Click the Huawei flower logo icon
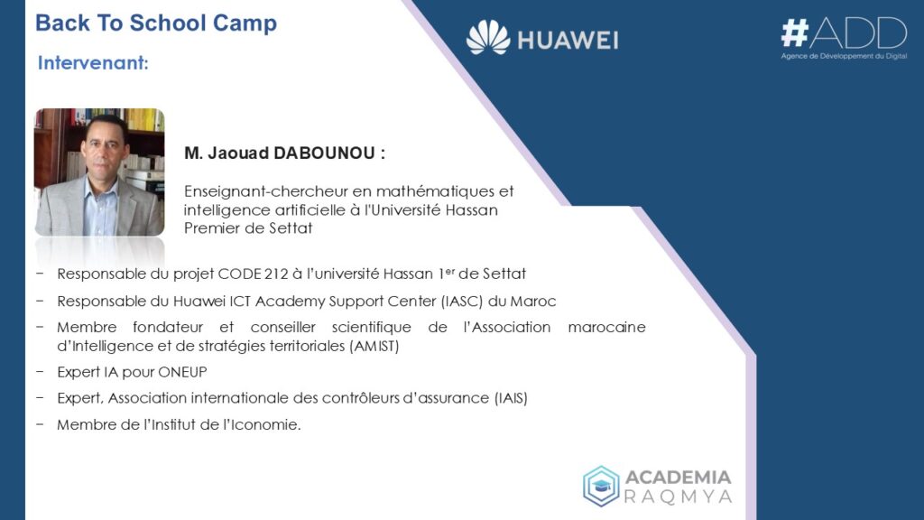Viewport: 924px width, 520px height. (x=488, y=37)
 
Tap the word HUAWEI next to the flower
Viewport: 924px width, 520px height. (x=568, y=41)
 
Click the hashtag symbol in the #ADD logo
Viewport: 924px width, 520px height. (x=794, y=32)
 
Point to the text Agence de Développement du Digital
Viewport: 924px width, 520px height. (x=844, y=56)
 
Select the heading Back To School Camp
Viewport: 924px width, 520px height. (x=156, y=23)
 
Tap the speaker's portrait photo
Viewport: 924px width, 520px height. (x=99, y=172)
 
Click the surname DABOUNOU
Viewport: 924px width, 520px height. (x=325, y=153)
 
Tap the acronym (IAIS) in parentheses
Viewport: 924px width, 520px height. (x=511, y=398)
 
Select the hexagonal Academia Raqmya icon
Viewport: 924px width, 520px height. (x=600, y=487)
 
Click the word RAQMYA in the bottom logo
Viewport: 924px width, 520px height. (x=678, y=497)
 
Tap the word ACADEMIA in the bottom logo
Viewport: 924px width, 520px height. (x=678, y=477)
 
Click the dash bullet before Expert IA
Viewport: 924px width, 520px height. (x=40, y=372)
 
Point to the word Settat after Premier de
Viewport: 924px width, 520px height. (x=291, y=228)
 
